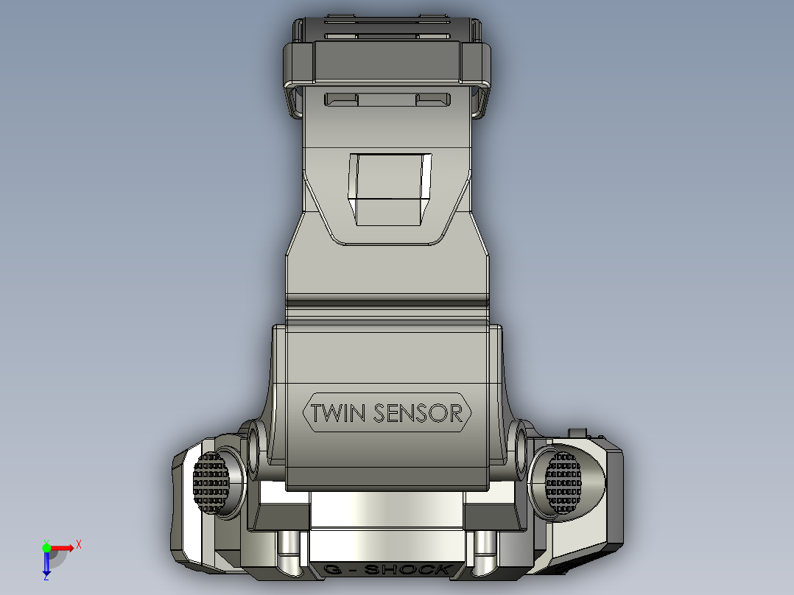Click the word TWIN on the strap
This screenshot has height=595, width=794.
[x=338, y=413]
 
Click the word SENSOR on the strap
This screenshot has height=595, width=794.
[x=418, y=413]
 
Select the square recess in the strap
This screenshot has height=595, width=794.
[x=390, y=189]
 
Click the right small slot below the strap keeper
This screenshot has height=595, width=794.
[x=433, y=99]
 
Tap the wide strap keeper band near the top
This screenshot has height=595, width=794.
[x=387, y=63]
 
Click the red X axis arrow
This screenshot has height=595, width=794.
[x=65, y=548]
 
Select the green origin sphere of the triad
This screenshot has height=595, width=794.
[x=46, y=547]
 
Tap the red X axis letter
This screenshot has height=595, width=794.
[x=79, y=545]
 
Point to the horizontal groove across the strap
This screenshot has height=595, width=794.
[x=387, y=301]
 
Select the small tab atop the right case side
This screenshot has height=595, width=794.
[x=580, y=432]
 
